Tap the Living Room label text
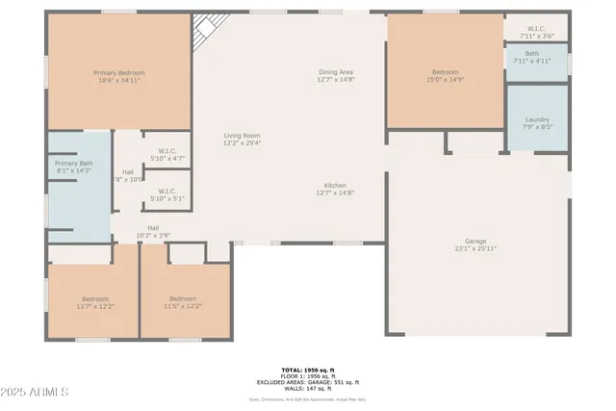click(x=243, y=139)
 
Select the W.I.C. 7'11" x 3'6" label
click(x=537, y=32)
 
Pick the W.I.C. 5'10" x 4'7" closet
click(x=167, y=154)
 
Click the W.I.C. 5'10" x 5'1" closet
click(x=167, y=194)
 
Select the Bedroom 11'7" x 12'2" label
click(x=95, y=302)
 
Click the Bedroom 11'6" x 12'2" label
click(x=183, y=302)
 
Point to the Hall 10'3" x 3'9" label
click(x=153, y=231)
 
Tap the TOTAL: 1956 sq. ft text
click(x=309, y=370)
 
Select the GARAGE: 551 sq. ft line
click(x=309, y=381)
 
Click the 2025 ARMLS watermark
click(x=36, y=393)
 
